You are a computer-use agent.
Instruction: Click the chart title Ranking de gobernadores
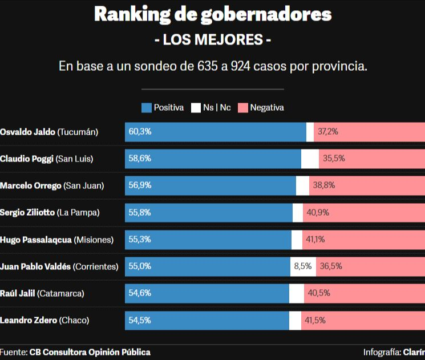(x=212, y=14)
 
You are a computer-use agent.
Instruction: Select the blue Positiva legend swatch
(x=146, y=107)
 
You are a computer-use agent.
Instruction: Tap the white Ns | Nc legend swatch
(x=196, y=107)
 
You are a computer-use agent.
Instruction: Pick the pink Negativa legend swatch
(x=242, y=107)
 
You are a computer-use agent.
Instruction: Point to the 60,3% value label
(x=140, y=132)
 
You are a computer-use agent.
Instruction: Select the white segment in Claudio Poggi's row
(x=310, y=159)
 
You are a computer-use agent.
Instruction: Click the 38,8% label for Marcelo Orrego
(x=323, y=185)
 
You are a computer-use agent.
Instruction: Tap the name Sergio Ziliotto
(x=27, y=212)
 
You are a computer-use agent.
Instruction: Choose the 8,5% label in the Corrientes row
(x=302, y=266)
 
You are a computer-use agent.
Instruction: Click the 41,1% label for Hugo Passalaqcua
(x=315, y=240)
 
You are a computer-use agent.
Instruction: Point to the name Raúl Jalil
(x=17, y=293)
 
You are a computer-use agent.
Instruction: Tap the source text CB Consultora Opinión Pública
(x=90, y=352)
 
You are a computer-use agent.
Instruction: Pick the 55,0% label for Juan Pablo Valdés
(x=140, y=266)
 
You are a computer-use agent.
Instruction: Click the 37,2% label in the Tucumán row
(x=328, y=132)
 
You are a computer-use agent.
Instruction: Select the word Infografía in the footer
(x=382, y=352)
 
